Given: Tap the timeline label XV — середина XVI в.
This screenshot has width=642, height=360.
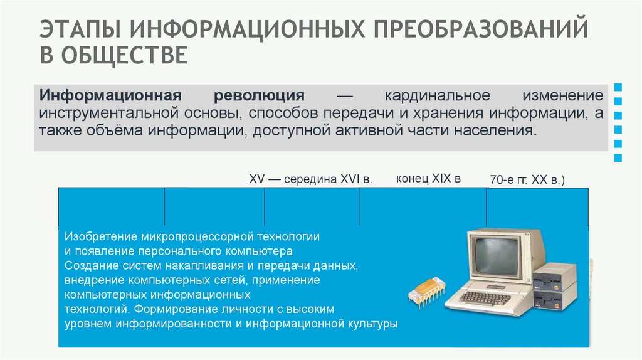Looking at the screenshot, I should click(x=311, y=179).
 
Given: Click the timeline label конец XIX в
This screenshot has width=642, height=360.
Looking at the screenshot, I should click(x=428, y=178).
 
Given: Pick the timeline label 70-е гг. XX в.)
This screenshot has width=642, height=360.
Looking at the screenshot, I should click(x=527, y=180).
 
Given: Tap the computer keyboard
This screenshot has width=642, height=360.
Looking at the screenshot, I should click(x=486, y=297).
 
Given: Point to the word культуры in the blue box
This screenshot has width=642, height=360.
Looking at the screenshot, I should click(x=371, y=324).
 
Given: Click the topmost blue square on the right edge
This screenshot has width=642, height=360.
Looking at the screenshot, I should click(x=618, y=87).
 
